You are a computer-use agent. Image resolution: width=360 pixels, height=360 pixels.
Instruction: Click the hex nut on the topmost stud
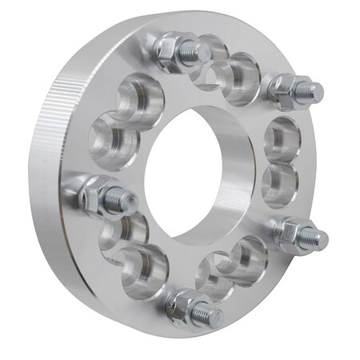click(x=169, y=50)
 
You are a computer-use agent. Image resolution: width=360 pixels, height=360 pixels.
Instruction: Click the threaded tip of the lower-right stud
click(x=317, y=238)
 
